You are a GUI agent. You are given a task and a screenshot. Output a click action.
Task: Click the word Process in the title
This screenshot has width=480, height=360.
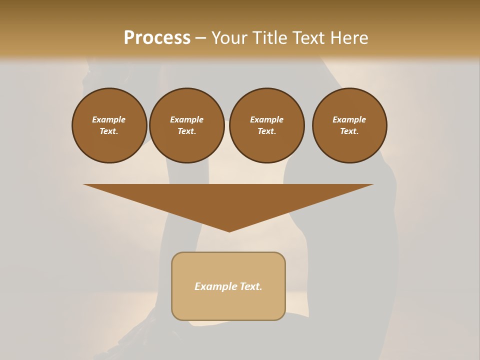click(x=157, y=38)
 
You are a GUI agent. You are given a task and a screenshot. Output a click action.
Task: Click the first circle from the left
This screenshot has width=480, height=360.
click(x=109, y=125)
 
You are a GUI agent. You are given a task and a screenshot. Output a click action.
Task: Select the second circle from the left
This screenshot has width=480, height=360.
click(x=187, y=125)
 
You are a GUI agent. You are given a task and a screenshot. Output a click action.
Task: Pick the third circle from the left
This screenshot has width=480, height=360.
click(x=267, y=125)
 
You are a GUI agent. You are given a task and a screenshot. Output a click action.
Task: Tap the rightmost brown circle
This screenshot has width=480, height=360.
click(x=349, y=125)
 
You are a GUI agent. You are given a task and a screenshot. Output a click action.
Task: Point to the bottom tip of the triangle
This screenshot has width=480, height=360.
click(x=229, y=230)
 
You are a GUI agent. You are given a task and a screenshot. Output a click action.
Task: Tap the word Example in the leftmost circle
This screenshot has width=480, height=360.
click(x=109, y=119)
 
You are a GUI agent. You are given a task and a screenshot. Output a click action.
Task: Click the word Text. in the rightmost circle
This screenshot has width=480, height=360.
click(x=349, y=131)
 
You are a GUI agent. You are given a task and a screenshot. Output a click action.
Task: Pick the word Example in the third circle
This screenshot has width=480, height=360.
click(x=267, y=119)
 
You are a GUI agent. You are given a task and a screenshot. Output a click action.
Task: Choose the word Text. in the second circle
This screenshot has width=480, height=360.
click(x=187, y=131)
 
